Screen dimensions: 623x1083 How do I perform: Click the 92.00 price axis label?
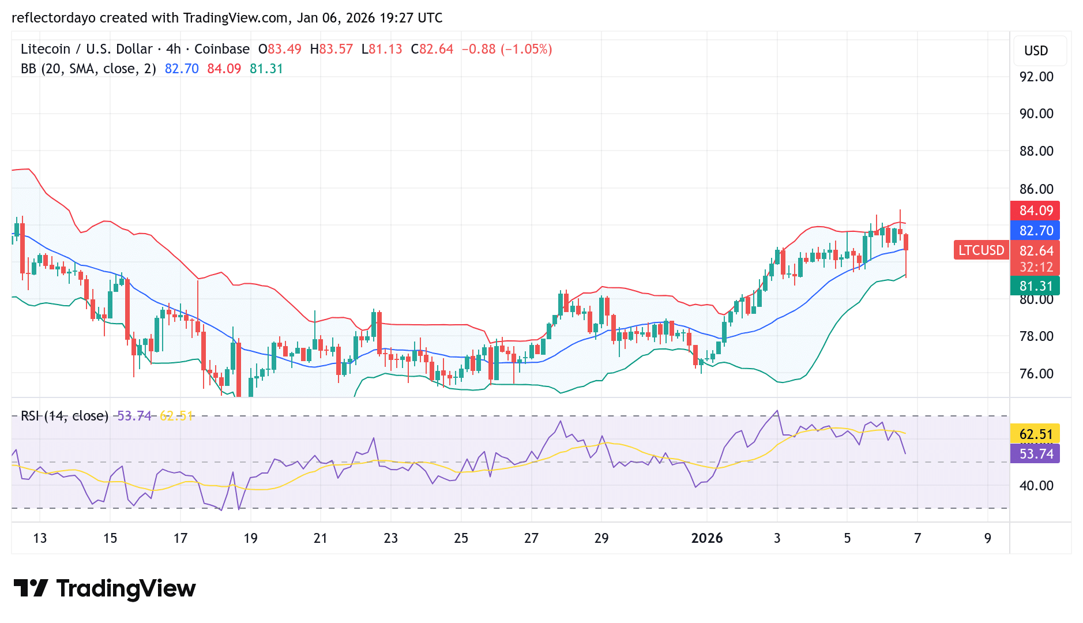click(x=1036, y=77)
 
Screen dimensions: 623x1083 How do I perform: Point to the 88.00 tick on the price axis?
click(x=1036, y=151)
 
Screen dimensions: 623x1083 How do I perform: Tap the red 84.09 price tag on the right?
click(x=1036, y=211)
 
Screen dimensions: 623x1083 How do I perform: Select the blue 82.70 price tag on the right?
click(x=1036, y=231)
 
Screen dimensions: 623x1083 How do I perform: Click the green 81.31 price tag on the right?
click(x=1036, y=286)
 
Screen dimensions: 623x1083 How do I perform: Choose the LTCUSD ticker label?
click(x=981, y=250)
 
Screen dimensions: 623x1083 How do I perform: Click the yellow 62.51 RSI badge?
click(x=1036, y=434)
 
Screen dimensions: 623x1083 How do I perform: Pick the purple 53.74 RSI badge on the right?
click(x=1036, y=454)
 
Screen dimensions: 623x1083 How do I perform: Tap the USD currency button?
click(x=1036, y=51)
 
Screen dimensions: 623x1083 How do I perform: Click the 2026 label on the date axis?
click(x=706, y=538)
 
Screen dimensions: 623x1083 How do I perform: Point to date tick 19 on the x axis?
click(x=250, y=538)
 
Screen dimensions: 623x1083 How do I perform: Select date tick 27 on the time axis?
click(x=531, y=538)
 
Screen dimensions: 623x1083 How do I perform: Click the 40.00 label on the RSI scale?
click(x=1036, y=486)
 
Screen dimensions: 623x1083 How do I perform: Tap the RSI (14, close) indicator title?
click(x=65, y=416)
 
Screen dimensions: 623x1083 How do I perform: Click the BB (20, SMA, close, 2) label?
click(x=88, y=69)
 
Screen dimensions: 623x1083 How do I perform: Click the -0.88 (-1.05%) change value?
click(x=506, y=49)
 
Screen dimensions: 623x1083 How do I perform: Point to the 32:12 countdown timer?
click(x=1036, y=267)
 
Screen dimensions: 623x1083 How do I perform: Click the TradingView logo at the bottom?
click(x=104, y=588)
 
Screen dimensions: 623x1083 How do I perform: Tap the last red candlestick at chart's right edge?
click(x=906, y=242)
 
